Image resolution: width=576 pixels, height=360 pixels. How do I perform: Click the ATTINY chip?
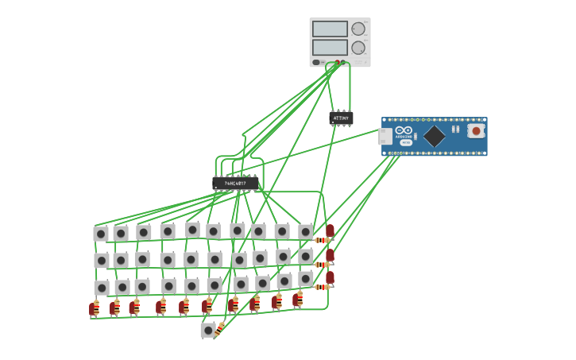(x=341, y=118)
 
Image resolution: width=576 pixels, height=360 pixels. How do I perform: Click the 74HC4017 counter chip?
(x=235, y=184)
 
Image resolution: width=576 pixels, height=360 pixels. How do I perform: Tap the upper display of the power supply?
(x=330, y=29)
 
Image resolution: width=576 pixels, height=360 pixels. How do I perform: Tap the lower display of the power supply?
(x=330, y=48)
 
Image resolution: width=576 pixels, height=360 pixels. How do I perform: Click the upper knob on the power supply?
(x=358, y=29)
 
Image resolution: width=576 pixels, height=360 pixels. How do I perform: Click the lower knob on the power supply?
(x=358, y=48)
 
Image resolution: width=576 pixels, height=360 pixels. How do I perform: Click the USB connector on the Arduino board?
(x=385, y=137)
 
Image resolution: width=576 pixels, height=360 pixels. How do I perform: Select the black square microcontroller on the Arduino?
(x=435, y=136)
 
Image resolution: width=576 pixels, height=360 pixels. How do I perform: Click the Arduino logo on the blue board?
(x=404, y=131)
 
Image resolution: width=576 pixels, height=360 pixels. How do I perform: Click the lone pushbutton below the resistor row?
(x=208, y=330)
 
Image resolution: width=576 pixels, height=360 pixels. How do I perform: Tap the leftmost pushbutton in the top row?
(x=101, y=234)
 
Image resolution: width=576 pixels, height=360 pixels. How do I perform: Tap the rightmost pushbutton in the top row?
(x=306, y=231)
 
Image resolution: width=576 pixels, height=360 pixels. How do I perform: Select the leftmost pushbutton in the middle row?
(x=102, y=261)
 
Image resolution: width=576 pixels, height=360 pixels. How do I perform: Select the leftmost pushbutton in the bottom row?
(x=102, y=288)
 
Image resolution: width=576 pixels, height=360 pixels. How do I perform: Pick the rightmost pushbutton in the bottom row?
(x=306, y=278)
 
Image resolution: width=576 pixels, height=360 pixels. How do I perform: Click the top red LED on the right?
(x=330, y=230)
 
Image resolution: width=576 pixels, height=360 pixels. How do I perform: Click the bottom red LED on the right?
(x=330, y=277)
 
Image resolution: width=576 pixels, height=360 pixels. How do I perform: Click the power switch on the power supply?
(x=316, y=62)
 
